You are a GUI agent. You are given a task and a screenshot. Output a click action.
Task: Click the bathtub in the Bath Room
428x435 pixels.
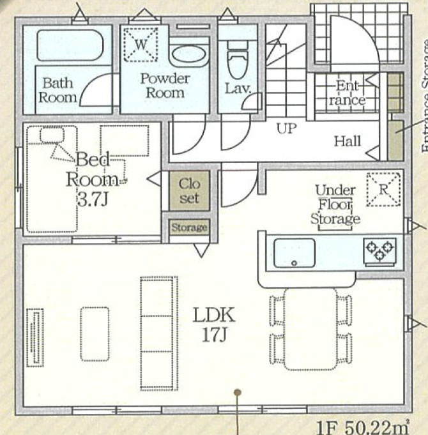click(x=70, y=45)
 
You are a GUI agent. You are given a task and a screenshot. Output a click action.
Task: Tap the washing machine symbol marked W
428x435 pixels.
click(x=141, y=44)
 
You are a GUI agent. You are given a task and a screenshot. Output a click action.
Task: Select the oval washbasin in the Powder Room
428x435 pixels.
click(x=188, y=54)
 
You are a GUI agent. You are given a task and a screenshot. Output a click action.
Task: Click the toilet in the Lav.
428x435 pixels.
click(x=238, y=59)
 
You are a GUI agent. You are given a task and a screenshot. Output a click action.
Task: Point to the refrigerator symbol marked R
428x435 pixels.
click(x=383, y=190)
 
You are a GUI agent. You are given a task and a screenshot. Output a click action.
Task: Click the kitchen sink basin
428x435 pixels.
click(x=294, y=253)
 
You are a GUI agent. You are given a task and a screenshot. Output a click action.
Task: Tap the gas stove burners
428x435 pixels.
click(x=379, y=250)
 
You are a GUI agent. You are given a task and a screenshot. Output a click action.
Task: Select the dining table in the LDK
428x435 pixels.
click(x=310, y=329)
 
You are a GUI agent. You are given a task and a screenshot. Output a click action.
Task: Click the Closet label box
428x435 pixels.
click(x=189, y=190)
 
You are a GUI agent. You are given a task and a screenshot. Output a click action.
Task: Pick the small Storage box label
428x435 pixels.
click(x=189, y=227)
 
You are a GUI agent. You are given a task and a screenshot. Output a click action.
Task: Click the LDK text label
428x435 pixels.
click(x=214, y=315)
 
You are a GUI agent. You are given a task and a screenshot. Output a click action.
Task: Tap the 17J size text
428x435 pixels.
click(x=215, y=335)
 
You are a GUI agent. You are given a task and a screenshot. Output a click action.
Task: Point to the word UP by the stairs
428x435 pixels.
click(x=287, y=128)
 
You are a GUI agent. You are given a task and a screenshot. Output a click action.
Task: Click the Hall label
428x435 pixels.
click(x=348, y=141)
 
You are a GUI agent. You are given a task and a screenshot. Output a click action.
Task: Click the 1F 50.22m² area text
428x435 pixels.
click(x=363, y=427)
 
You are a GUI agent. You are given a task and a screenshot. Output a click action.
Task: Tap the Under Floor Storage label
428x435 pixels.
click(x=335, y=205)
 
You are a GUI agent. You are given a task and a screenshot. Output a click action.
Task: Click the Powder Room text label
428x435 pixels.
click(x=165, y=86)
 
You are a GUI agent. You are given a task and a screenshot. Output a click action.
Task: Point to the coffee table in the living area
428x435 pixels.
click(x=95, y=334)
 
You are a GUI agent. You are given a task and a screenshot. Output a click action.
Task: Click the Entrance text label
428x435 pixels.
click(x=348, y=93)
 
